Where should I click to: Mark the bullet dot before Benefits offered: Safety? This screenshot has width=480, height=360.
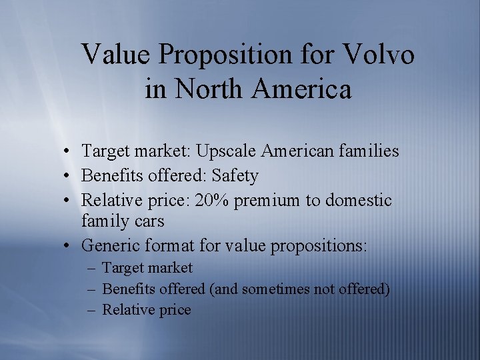point(69,177)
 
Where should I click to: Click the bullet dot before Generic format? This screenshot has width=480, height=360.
point(69,246)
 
